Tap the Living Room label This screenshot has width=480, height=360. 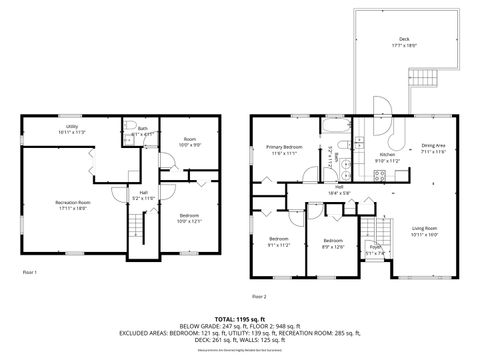point(424,232)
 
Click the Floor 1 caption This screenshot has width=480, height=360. point(29,272)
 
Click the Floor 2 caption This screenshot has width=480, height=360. point(259,296)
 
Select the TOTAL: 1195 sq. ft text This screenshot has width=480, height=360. point(240,318)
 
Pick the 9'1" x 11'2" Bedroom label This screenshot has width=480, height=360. point(278,241)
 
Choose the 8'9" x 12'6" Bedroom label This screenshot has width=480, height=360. point(333,243)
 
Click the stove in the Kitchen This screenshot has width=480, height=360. point(379,177)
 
